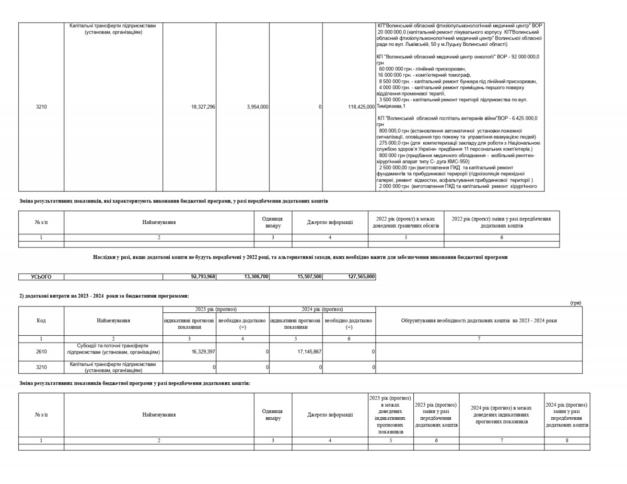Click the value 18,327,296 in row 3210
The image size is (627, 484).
pos(203,107)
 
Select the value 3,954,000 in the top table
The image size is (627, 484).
pos(258,107)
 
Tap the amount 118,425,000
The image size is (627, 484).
pos(361,107)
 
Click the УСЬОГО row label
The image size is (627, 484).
pos(41,277)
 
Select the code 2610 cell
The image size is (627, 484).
pos(41,352)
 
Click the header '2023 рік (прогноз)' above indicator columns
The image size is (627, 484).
pos(216,310)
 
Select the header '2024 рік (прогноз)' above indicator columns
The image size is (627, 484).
pos(322,310)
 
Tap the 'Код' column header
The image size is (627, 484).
pos(41,321)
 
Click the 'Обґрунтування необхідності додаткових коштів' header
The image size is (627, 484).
pos(479,321)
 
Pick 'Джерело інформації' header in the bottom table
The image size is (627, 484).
pos(330,415)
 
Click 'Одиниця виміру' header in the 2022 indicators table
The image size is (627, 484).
pos(273,222)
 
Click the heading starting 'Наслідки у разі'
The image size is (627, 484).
pos(300,257)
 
